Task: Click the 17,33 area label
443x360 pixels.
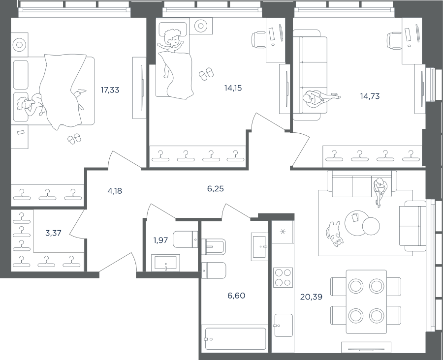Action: pos(110,90)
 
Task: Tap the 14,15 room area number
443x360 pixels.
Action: pos(233,89)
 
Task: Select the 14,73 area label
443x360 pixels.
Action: pos(370,96)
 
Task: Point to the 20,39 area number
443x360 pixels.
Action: pos(312,297)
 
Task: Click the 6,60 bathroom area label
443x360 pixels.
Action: pos(236,296)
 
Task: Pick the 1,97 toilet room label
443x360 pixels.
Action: pos(160,240)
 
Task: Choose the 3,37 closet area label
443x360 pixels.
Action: pos(53,233)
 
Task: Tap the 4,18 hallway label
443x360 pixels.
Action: pos(115,191)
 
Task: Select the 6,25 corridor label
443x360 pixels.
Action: pos(215,189)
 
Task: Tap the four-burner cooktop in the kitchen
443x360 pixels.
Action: pos(283,277)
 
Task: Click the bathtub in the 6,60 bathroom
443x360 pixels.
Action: pos(235,339)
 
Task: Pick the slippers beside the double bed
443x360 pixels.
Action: pos(74,139)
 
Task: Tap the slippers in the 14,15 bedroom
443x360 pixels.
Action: pos(206,74)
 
